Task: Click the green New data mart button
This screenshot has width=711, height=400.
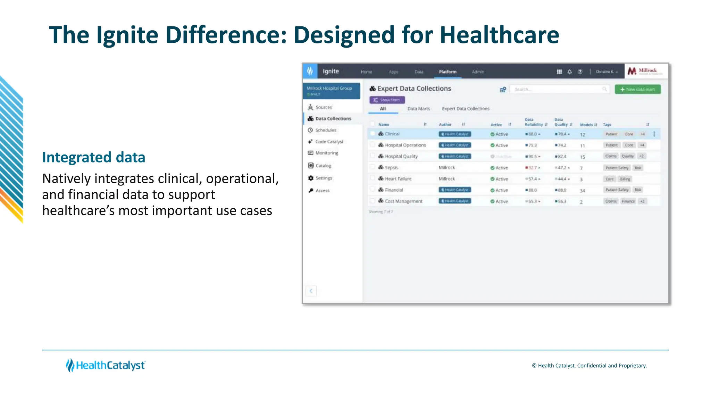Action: pos(637,89)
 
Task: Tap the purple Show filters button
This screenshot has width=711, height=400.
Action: pos(387,100)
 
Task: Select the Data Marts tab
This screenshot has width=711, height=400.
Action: pos(418,109)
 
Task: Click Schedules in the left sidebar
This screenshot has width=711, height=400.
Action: pos(325,130)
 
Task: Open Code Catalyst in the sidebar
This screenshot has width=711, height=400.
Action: pos(329,142)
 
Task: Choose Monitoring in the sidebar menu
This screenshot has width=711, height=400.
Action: pos(326,153)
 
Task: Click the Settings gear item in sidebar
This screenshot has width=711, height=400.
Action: pos(324,178)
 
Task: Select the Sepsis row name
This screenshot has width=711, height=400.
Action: pos(391,168)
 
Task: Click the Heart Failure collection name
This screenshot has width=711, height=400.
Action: pos(398,179)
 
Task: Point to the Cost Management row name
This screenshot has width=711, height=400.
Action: pos(403,201)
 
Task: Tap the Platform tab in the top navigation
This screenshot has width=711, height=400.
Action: pos(447,72)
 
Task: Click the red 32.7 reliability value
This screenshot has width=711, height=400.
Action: pos(532,168)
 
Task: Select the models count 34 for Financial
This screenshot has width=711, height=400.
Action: pos(582,191)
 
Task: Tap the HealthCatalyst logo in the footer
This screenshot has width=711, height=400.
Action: pos(106,365)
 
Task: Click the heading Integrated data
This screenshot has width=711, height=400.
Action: pos(94,157)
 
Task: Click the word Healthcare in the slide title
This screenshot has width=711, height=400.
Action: pos(499,35)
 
